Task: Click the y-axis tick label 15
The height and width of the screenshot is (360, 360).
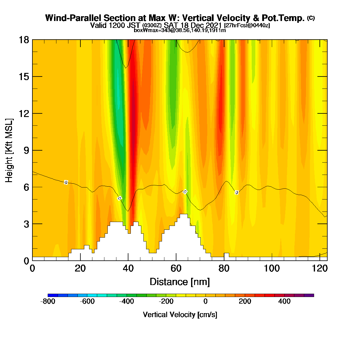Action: click(24, 77)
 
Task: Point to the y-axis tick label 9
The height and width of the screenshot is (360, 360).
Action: click(26, 150)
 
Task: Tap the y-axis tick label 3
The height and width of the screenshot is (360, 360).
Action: click(26, 224)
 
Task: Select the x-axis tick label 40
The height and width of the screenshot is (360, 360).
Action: click(128, 268)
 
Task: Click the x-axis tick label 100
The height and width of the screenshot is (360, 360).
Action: click(271, 268)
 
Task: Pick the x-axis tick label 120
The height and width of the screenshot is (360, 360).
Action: click(319, 268)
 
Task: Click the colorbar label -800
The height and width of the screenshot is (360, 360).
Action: click(48, 301)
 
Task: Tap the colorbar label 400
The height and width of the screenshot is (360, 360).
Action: click(284, 301)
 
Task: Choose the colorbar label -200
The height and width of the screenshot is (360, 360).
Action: click(166, 301)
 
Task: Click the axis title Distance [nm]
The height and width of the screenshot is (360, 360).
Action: click(180, 282)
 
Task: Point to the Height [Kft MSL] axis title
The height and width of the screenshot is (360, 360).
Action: click(9, 150)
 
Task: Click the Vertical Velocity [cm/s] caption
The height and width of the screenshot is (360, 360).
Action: click(180, 315)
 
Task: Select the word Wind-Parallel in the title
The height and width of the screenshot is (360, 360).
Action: click(73, 18)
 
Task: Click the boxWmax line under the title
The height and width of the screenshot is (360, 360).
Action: click(180, 30)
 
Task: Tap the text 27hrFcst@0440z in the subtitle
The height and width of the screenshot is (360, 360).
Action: click(247, 25)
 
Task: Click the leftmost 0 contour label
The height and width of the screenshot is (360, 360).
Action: click(66, 182)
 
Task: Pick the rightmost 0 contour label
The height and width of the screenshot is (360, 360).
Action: click(237, 192)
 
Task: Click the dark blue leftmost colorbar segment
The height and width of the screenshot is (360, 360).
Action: click(53, 295)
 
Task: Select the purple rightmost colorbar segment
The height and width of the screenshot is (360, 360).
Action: click(309, 295)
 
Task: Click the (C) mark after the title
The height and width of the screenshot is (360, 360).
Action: click(311, 18)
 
